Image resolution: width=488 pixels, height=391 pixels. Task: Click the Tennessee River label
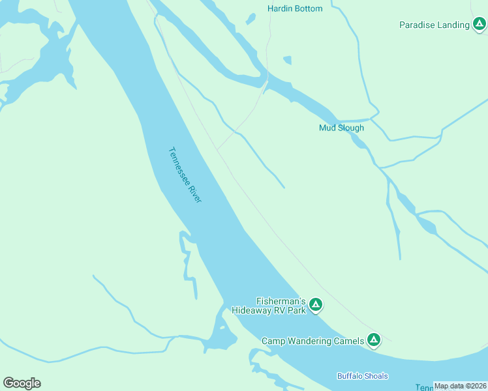[185, 174]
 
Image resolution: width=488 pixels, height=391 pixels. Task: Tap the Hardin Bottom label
[295, 8]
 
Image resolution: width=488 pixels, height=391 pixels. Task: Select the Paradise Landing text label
[435, 25]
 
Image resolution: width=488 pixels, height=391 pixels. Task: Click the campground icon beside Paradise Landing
[479, 25]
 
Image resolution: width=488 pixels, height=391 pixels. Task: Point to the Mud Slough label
[341, 128]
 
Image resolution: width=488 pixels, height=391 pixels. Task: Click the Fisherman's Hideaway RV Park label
[269, 306]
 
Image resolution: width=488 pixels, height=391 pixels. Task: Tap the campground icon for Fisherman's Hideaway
[316, 304]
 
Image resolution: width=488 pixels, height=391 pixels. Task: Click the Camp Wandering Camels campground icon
[373, 340]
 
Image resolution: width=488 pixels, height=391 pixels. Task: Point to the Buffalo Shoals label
[362, 376]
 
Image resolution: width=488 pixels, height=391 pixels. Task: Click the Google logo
[22, 383]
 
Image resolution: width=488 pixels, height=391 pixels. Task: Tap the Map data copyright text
[460, 386]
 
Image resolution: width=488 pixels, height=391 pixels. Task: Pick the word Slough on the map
[351, 128]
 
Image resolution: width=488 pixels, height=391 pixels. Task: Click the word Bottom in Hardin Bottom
[309, 8]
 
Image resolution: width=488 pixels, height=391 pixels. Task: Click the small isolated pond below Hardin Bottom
[287, 61]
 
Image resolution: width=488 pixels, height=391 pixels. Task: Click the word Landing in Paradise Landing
[453, 25]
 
